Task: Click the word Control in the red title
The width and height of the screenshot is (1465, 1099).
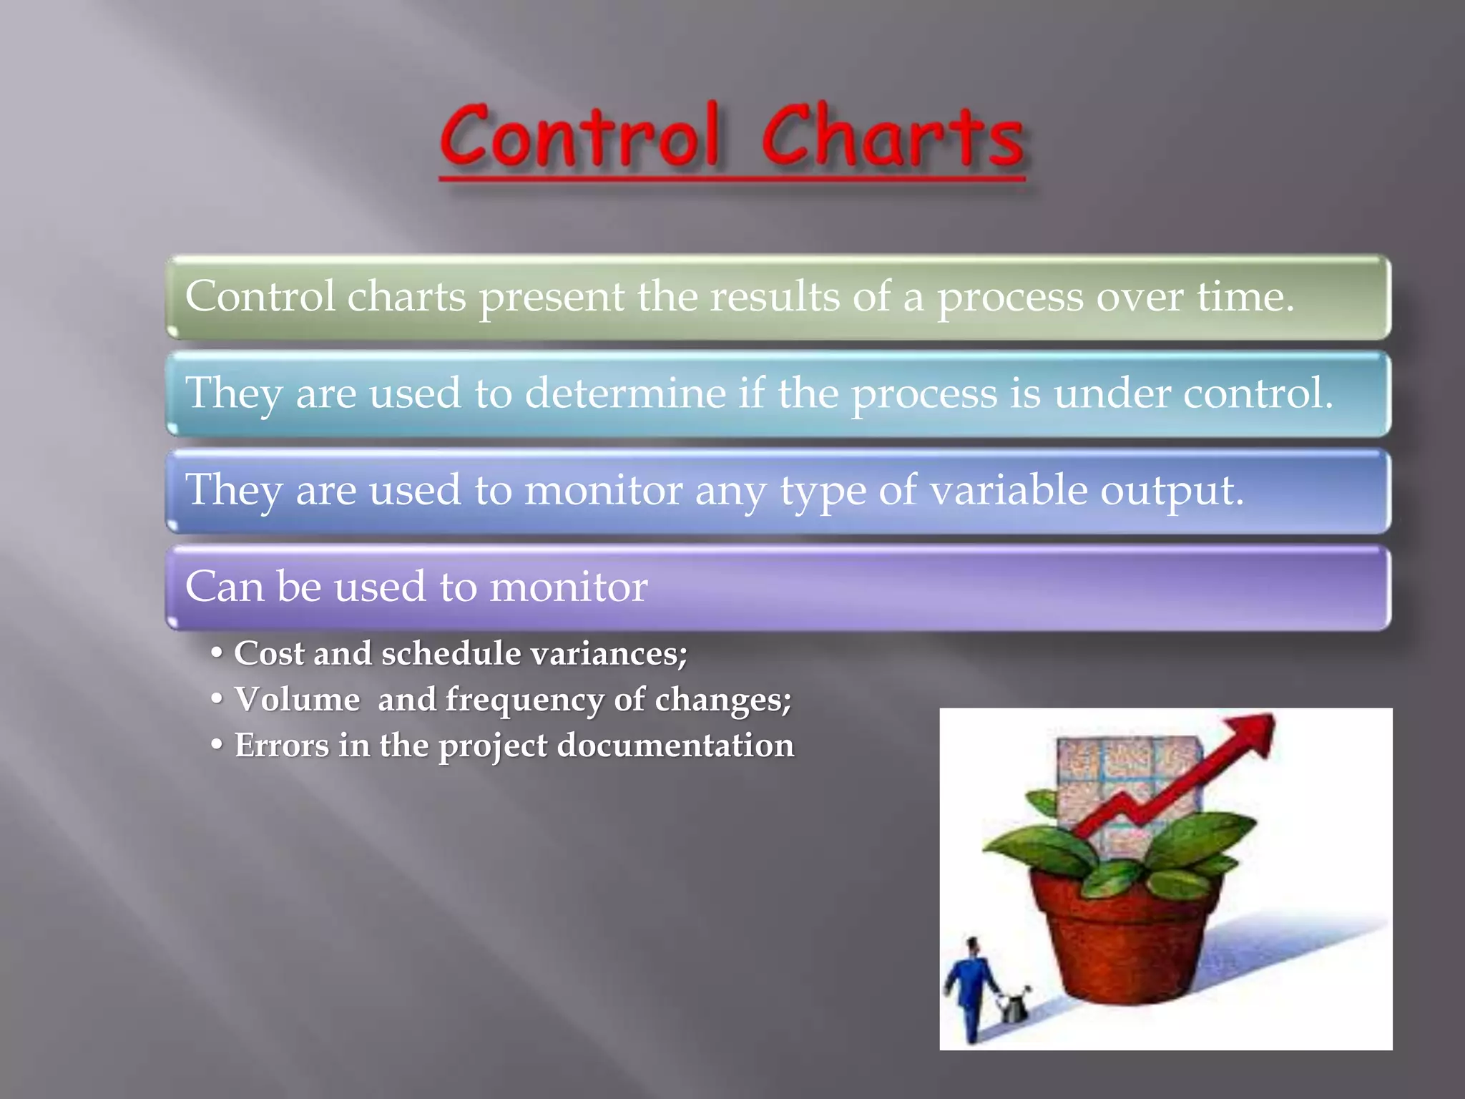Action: (579, 136)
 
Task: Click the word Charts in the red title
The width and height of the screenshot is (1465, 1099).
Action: (892, 136)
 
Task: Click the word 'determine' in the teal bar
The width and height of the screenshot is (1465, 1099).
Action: (624, 394)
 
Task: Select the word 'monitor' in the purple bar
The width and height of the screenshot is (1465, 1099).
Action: (568, 587)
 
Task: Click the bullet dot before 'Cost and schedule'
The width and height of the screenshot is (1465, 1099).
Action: (217, 653)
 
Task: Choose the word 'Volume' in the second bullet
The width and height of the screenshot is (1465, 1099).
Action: (297, 699)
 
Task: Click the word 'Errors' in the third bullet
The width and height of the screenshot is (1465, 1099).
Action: (282, 746)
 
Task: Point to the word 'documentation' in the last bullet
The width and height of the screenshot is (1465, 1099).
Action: (675, 746)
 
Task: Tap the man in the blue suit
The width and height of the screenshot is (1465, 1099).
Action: (970, 987)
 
